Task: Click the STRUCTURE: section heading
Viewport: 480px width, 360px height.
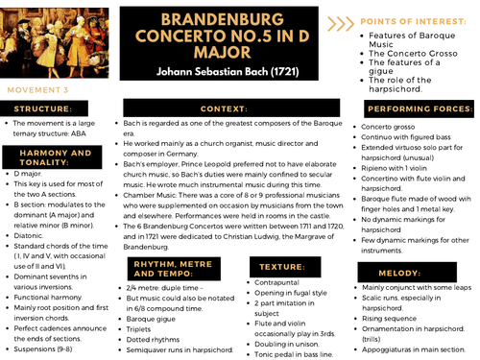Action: (x=44, y=108)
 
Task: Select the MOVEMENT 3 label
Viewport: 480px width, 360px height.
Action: (x=37, y=88)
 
